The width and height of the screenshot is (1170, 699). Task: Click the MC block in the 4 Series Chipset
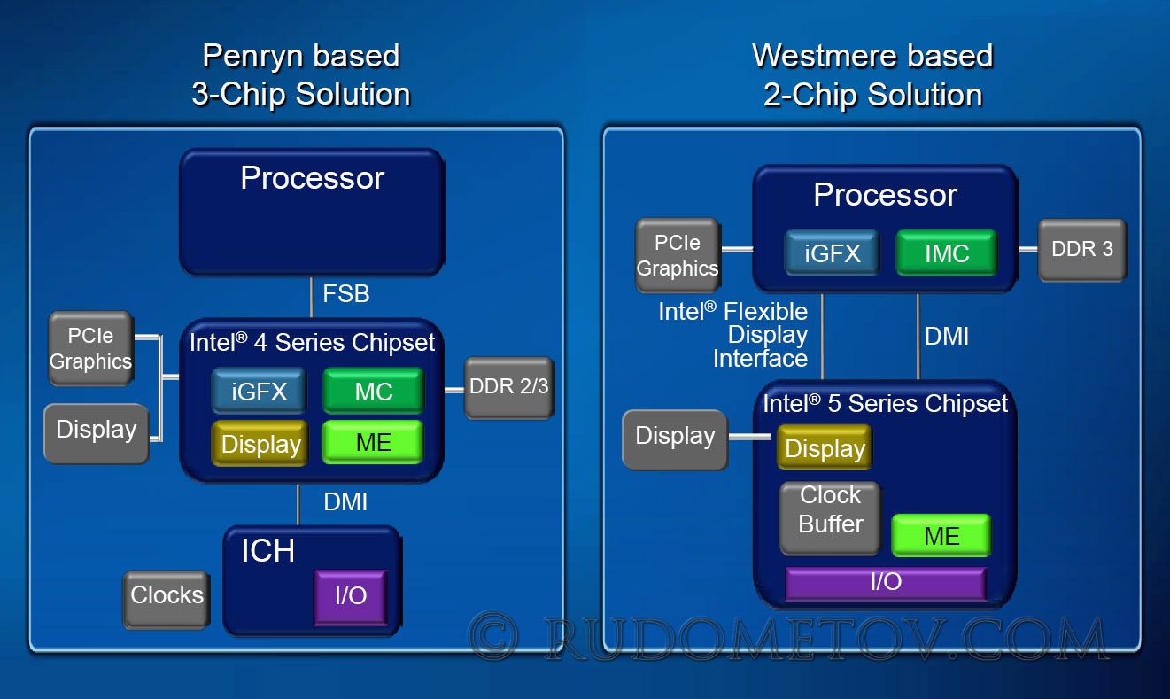tap(374, 390)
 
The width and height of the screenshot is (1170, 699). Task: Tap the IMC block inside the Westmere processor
tap(947, 252)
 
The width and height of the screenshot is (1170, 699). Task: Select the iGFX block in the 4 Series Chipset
tap(260, 390)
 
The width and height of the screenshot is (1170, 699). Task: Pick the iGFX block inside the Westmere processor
tap(832, 252)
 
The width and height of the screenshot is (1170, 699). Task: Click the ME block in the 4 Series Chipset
tap(373, 442)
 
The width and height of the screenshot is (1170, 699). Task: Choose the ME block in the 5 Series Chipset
tap(941, 535)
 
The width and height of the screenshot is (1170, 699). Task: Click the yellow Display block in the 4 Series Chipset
tap(260, 443)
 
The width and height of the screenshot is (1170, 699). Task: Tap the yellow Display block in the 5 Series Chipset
tap(825, 447)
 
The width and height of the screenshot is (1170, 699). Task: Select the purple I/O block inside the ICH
tap(351, 597)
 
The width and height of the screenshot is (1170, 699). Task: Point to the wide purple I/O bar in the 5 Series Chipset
tap(887, 583)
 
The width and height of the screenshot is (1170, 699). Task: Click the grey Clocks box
tap(167, 599)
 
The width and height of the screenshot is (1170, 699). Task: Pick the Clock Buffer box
tap(831, 517)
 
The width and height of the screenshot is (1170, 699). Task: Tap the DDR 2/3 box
tap(509, 388)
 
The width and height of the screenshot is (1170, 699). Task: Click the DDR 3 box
tap(1082, 250)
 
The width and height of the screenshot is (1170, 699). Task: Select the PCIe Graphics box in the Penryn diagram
tap(91, 348)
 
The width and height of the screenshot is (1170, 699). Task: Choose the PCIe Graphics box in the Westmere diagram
tap(678, 255)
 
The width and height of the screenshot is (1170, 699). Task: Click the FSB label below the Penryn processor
tap(346, 293)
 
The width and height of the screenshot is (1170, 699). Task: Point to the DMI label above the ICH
tap(345, 502)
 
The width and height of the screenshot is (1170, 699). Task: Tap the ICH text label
tap(268, 551)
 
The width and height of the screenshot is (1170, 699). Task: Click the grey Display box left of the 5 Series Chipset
tap(675, 439)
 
